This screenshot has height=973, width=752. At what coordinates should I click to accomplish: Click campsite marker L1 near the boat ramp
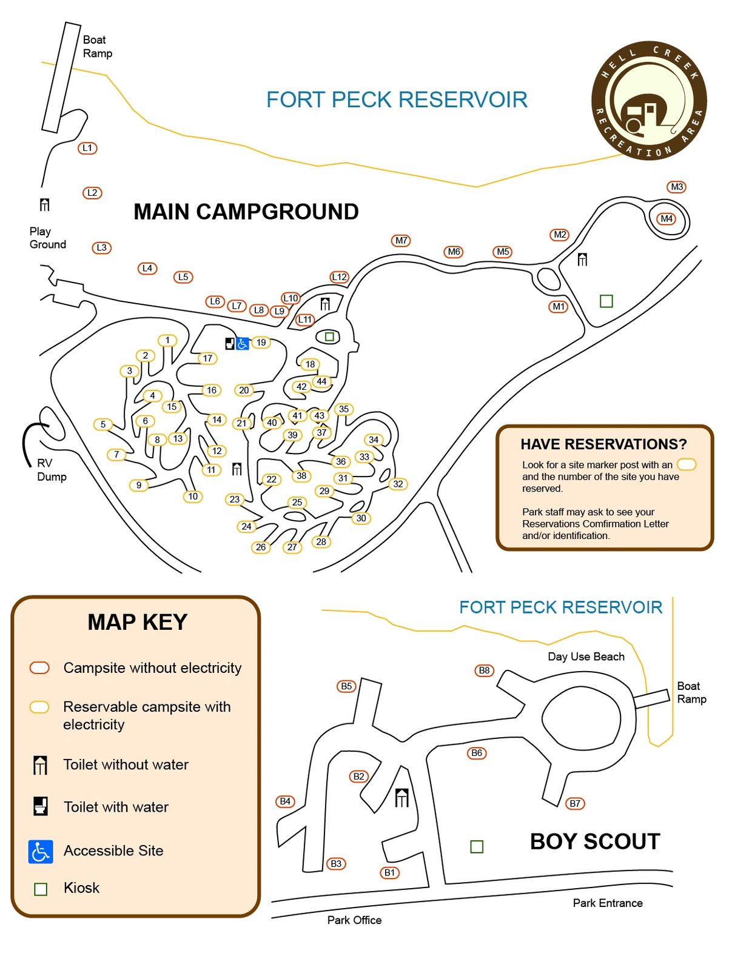[x=87, y=148]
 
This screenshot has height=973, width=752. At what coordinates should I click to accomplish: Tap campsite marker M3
[x=677, y=187]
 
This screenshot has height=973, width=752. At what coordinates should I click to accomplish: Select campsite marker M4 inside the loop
[x=666, y=218]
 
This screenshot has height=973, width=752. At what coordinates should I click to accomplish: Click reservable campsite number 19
[x=261, y=343]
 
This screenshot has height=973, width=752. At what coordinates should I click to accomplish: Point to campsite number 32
[x=398, y=484]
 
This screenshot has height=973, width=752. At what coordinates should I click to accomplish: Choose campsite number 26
[x=261, y=547]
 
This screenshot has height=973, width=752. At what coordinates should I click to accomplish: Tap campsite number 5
[x=103, y=424]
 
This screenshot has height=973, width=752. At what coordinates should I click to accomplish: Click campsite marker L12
[x=340, y=277]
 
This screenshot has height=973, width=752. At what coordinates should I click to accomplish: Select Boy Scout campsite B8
[x=484, y=670]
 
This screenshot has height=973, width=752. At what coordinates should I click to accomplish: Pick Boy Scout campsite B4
[x=285, y=801]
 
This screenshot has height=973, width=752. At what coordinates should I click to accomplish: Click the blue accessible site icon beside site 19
[x=243, y=344]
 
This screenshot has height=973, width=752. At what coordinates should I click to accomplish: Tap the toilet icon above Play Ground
[x=44, y=204]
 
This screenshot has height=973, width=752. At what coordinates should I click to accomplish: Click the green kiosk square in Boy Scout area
[x=477, y=847]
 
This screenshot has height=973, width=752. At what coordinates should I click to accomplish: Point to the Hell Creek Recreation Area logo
[x=649, y=100]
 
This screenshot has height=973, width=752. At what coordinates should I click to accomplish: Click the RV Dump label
[x=52, y=470]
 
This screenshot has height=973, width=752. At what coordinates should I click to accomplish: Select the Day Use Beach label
[x=586, y=657]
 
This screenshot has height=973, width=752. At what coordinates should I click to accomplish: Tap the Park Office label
[x=354, y=920]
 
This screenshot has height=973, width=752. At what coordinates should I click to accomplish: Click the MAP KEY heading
[x=138, y=622]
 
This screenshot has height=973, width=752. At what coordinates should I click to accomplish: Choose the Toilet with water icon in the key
[x=41, y=806]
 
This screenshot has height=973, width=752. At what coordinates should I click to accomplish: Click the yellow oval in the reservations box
[x=686, y=464]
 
